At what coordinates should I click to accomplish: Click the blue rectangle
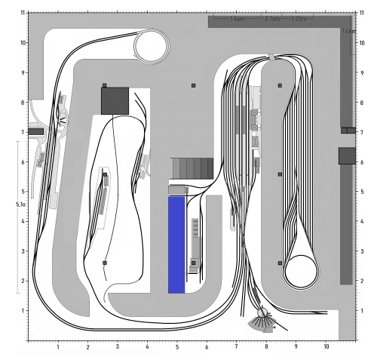click(176, 245)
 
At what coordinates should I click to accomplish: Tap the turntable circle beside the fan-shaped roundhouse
click(263, 312)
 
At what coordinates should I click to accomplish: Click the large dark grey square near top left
click(115, 100)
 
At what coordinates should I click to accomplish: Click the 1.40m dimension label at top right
click(348, 32)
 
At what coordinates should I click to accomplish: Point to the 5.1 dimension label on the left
click(21, 204)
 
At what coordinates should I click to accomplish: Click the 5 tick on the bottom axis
click(176, 348)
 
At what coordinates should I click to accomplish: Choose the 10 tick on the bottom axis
click(326, 348)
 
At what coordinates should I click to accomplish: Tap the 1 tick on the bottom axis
click(58, 348)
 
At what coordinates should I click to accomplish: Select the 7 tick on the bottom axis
click(236, 348)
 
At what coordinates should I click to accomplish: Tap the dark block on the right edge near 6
click(346, 155)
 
